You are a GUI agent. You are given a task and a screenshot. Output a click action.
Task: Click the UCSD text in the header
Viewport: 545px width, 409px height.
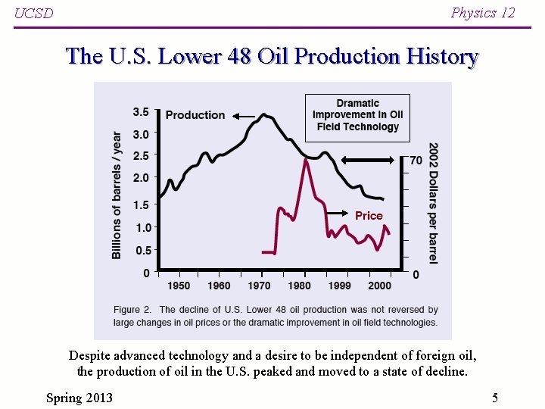point(34,14)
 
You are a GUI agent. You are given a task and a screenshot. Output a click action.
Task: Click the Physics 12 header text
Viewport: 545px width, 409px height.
point(482,13)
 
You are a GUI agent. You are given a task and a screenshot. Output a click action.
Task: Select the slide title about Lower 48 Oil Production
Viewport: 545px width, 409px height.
point(272,57)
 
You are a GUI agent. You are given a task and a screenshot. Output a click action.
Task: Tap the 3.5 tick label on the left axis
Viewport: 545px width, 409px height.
point(141,112)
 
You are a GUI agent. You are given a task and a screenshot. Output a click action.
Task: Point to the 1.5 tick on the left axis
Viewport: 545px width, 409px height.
point(141,204)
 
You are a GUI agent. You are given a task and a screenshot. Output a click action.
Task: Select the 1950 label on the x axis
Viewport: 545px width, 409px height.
point(179,286)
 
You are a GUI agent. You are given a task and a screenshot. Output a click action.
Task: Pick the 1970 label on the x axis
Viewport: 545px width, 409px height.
point(259,286)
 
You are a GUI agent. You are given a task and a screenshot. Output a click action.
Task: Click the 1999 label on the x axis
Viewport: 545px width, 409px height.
point(339,286)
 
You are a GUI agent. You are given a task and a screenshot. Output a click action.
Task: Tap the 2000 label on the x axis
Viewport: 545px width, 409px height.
point(379,286)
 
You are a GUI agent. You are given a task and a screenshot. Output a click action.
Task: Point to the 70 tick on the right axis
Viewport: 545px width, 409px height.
point(416,161)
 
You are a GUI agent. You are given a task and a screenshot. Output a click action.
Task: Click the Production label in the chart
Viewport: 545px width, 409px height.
point(195,115)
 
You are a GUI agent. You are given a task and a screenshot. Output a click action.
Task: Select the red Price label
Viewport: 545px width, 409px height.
point(369,216)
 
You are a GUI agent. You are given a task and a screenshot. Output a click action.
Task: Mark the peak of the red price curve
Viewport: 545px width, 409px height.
point(306,160)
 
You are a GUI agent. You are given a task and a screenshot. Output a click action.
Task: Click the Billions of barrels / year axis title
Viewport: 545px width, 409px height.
point(117,195)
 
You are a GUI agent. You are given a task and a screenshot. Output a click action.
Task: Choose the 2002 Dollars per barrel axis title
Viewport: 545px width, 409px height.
point(433,202)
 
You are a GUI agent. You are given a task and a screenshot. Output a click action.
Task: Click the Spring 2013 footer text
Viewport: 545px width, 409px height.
point(79,398)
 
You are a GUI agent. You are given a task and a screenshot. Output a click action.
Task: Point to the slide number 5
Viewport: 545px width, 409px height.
point(494,398)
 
